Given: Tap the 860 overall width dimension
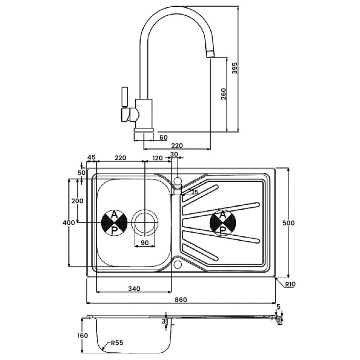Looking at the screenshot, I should click(x=181, y=300).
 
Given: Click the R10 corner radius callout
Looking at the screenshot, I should click(x=289, y=284).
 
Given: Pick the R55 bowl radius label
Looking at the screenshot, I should click(x=116, y=343).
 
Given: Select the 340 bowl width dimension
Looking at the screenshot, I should click(x=134, y=288).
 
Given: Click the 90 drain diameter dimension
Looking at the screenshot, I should click(x=144, y=243).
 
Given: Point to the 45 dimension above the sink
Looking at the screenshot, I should click(x=91, y=158).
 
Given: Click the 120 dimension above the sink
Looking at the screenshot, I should click(x=157, y=158).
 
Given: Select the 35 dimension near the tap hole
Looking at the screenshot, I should click(x=194, y=192).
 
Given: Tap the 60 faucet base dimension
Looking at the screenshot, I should click(x=163, y=138).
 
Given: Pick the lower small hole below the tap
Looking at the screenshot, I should click(x=178, y=264).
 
